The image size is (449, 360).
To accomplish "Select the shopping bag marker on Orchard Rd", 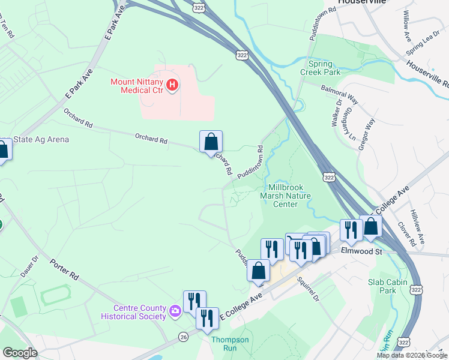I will coord(211,142).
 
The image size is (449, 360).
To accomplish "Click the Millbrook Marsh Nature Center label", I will coord(285,196).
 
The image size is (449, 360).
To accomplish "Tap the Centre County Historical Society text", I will coord(133,312).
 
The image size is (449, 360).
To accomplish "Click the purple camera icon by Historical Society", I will coord(175,311).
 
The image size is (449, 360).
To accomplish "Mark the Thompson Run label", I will coord(230,344).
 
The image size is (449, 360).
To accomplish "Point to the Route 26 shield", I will coord(182,337).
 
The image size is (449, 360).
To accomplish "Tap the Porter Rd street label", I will coord(64,269).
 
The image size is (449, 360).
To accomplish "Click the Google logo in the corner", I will coord(20,353).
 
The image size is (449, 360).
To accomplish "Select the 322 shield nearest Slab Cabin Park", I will coord(416,289).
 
